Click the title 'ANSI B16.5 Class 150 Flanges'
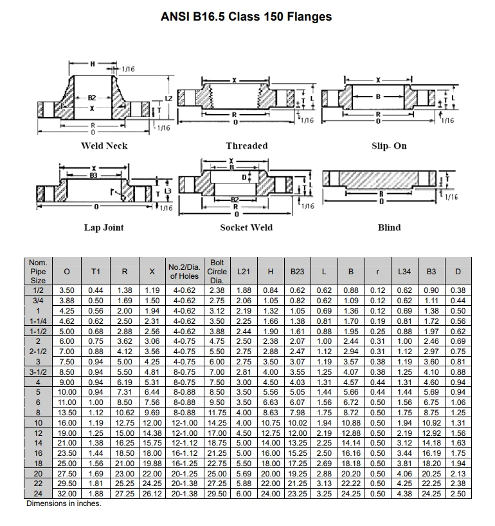tap(247, 16)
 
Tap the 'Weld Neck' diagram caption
tap(104, 146)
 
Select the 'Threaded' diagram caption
tap(247, 146)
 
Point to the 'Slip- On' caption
tap(389, 146)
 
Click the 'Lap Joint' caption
tap(104, 227)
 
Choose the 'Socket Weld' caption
tap(246, 227)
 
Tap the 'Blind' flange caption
tap(389, 227)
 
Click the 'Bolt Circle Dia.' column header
tap(217, 272)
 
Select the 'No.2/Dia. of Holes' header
tap(184, 272)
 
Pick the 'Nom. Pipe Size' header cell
tap(39, 272)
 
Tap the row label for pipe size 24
tap(39, 494)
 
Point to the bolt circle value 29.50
tap(217, 494)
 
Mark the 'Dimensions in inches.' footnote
tap(64, 503)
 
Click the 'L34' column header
tap(404, 272)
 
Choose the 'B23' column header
tap(297, 272)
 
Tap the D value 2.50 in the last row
tap(458, 494)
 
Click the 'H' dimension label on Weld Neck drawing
tap(92, 64)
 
